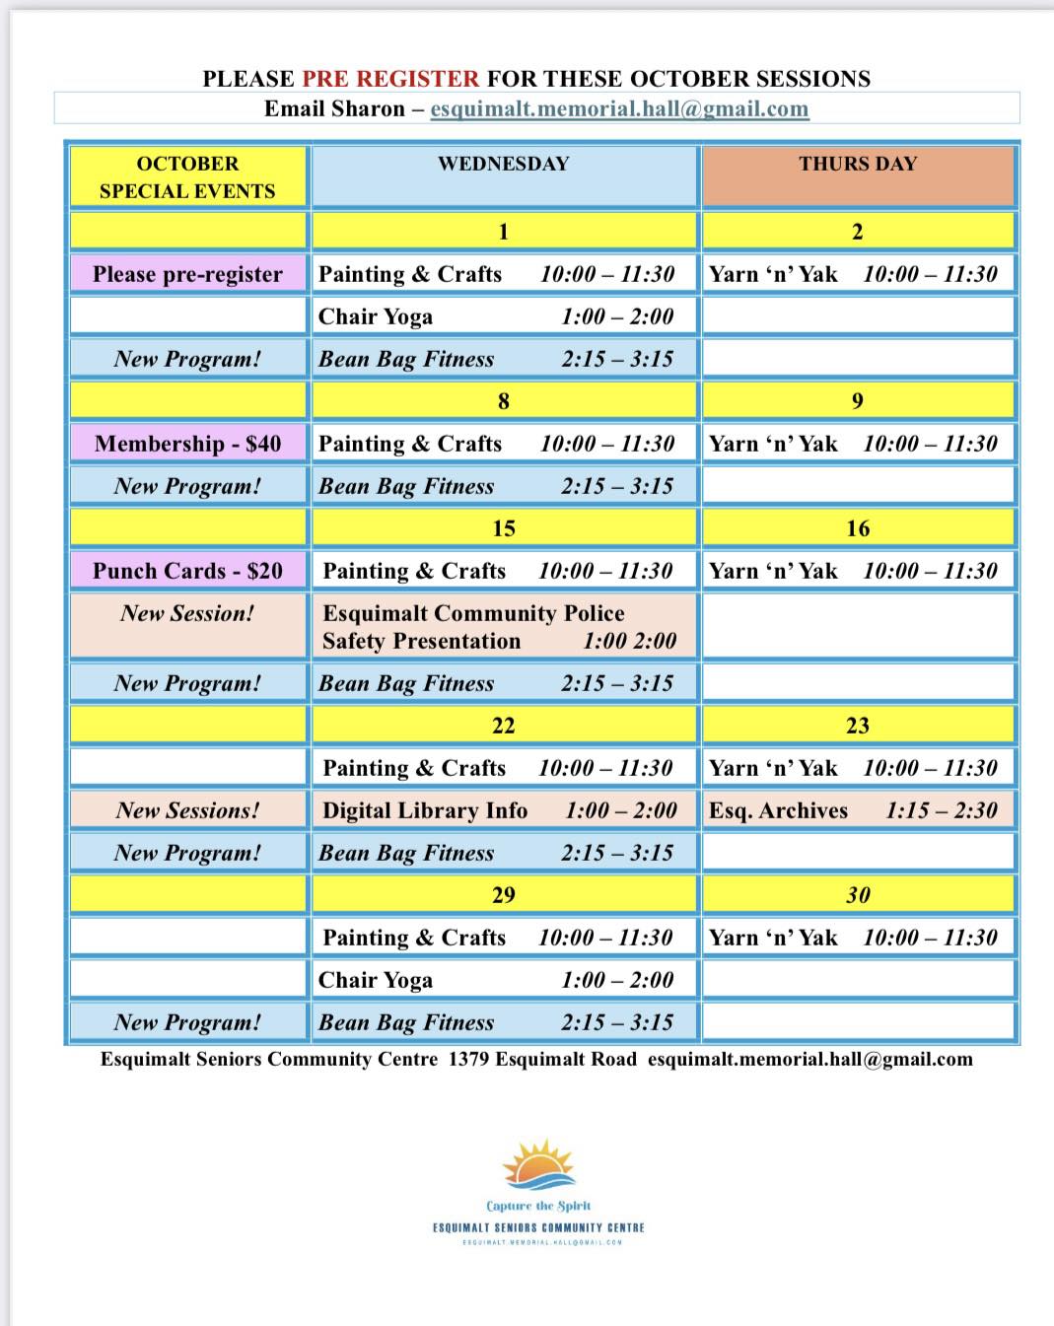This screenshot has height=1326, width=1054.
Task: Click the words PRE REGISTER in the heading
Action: pyautogui.click(x=390, y=79)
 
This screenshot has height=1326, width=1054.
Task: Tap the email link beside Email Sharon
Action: pyautogui.click(x=619, y=108)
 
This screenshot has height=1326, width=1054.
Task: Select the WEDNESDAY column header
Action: pyautogui.click(x=504, y=164)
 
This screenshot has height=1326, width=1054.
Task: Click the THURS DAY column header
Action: pyautogui.click(x=858, y=164)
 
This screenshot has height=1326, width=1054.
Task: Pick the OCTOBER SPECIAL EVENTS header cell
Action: pyautogui.click(x=187, y=177)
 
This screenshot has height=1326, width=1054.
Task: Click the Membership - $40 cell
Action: pyautogui.click(x=187, y=444)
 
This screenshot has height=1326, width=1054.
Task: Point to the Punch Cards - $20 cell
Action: pyautogui.click(x=187, y=571)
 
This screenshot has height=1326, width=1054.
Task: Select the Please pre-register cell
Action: pyautogui.click(x=187, y=274)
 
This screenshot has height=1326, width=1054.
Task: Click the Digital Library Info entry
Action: pyautogui.click(x=425, y=810)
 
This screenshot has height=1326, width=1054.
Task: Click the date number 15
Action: pyautogui.click(x=504, y=528)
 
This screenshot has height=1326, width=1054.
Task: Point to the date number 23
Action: pyautogui.click(x=858, y=726)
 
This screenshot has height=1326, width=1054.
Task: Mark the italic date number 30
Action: pyautogui.click(x=858, y=895)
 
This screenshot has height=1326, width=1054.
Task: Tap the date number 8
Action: pyautogui.click(x=504, y=401)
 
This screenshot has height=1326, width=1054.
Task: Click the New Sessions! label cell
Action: pyautogui.click(x=187, y=810)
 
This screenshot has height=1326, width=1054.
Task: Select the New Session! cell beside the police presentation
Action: pyautogui.click(x=187, y=614)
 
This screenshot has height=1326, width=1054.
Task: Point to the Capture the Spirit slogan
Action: pyautogui.click(x=538, y=1206)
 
